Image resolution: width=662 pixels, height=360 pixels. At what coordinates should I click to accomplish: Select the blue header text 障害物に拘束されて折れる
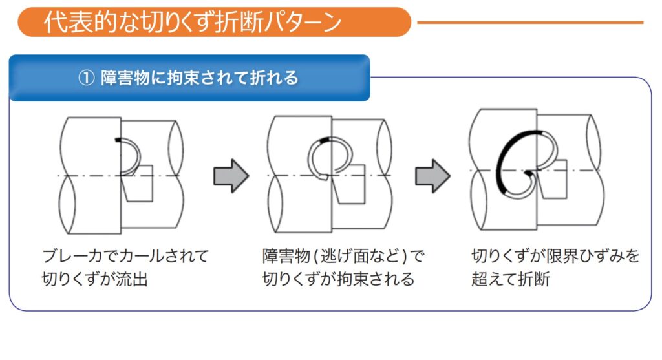tap(200, 78)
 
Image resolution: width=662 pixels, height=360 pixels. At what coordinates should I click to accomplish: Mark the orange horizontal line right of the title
tap(530, 23)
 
